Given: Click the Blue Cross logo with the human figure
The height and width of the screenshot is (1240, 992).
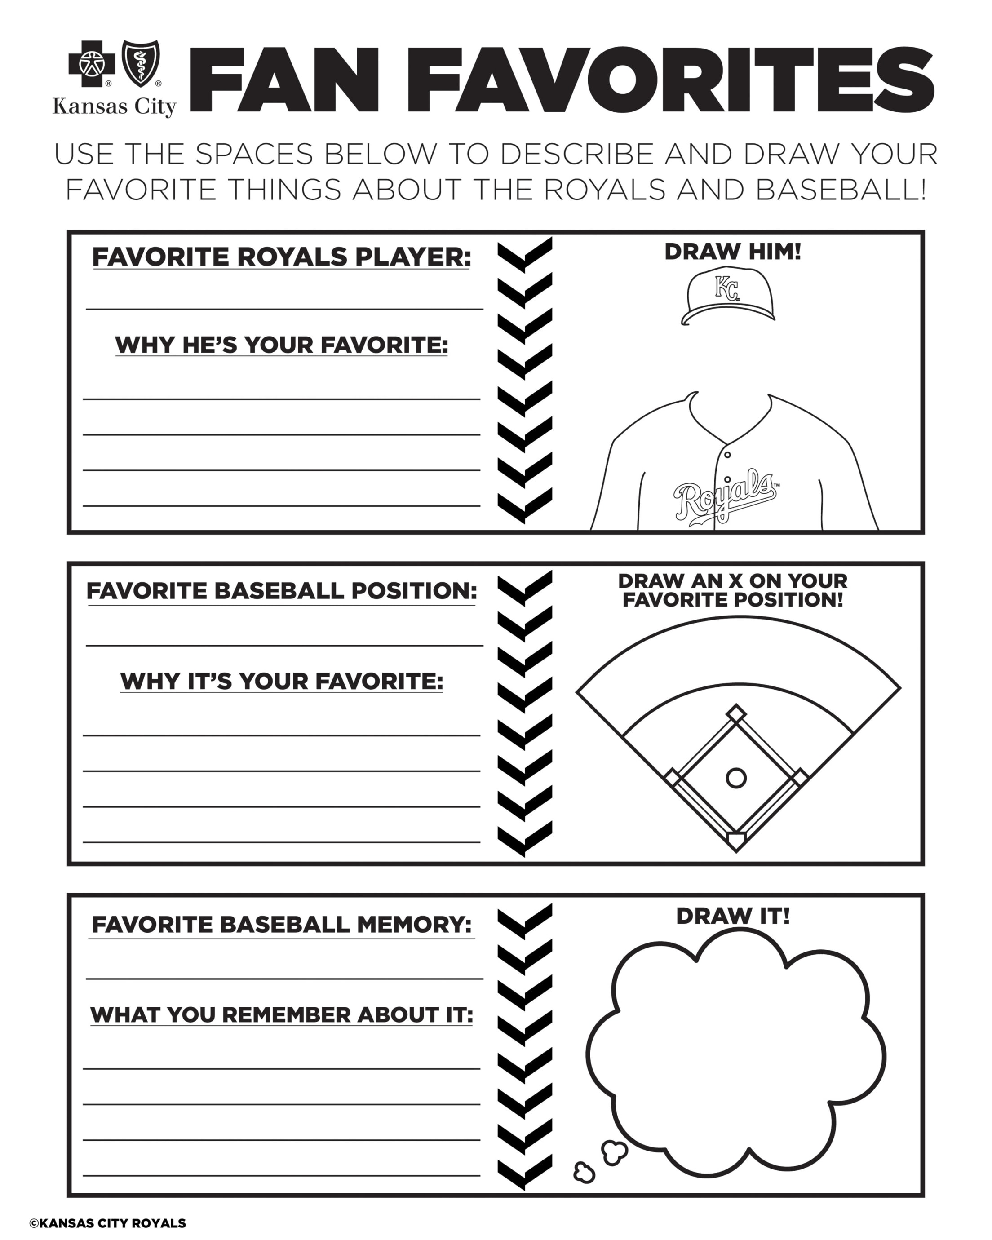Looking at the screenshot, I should click(92, 63).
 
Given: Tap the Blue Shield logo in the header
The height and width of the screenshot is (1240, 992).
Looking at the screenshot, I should click(140, 63).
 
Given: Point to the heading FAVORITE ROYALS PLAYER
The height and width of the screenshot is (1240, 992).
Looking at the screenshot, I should click(281, 257).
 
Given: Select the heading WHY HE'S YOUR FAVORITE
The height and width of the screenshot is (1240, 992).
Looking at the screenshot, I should click(281, 345).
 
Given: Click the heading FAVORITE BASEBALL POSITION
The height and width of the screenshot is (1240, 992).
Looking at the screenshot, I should click(281, 591).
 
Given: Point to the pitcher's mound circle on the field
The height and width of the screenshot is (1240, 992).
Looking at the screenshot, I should click(736, 778).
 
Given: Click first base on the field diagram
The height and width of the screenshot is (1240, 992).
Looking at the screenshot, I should click(800, 778).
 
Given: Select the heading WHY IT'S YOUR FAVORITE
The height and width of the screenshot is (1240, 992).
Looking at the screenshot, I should click(281, 682).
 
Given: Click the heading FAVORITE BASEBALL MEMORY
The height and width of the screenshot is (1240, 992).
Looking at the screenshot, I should click(281, 925).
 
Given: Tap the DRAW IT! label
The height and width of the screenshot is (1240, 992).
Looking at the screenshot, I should click(732, 916).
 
